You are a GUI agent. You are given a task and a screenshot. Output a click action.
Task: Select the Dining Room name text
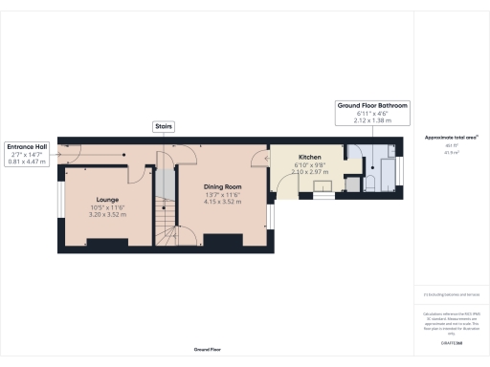pos(221,186)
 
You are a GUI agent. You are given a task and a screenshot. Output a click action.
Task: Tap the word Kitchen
pos(309,156)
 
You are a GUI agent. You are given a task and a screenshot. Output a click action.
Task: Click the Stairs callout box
pos(164,125)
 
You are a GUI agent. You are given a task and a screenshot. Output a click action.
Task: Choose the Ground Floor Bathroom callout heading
pos(372,105)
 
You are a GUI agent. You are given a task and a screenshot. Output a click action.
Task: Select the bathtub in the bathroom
pos(389,172)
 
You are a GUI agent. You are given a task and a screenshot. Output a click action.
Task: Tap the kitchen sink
pos(324,186)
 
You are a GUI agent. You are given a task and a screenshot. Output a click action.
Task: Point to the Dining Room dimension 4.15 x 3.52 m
pos(221,202)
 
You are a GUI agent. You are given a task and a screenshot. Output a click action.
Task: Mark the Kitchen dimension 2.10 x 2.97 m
pos(309,172)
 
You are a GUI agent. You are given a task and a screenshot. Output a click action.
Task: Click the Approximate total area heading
pos(452,138)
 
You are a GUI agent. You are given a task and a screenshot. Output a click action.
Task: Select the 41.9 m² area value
pos(450,151)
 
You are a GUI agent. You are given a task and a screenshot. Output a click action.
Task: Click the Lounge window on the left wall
pos(60,205)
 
